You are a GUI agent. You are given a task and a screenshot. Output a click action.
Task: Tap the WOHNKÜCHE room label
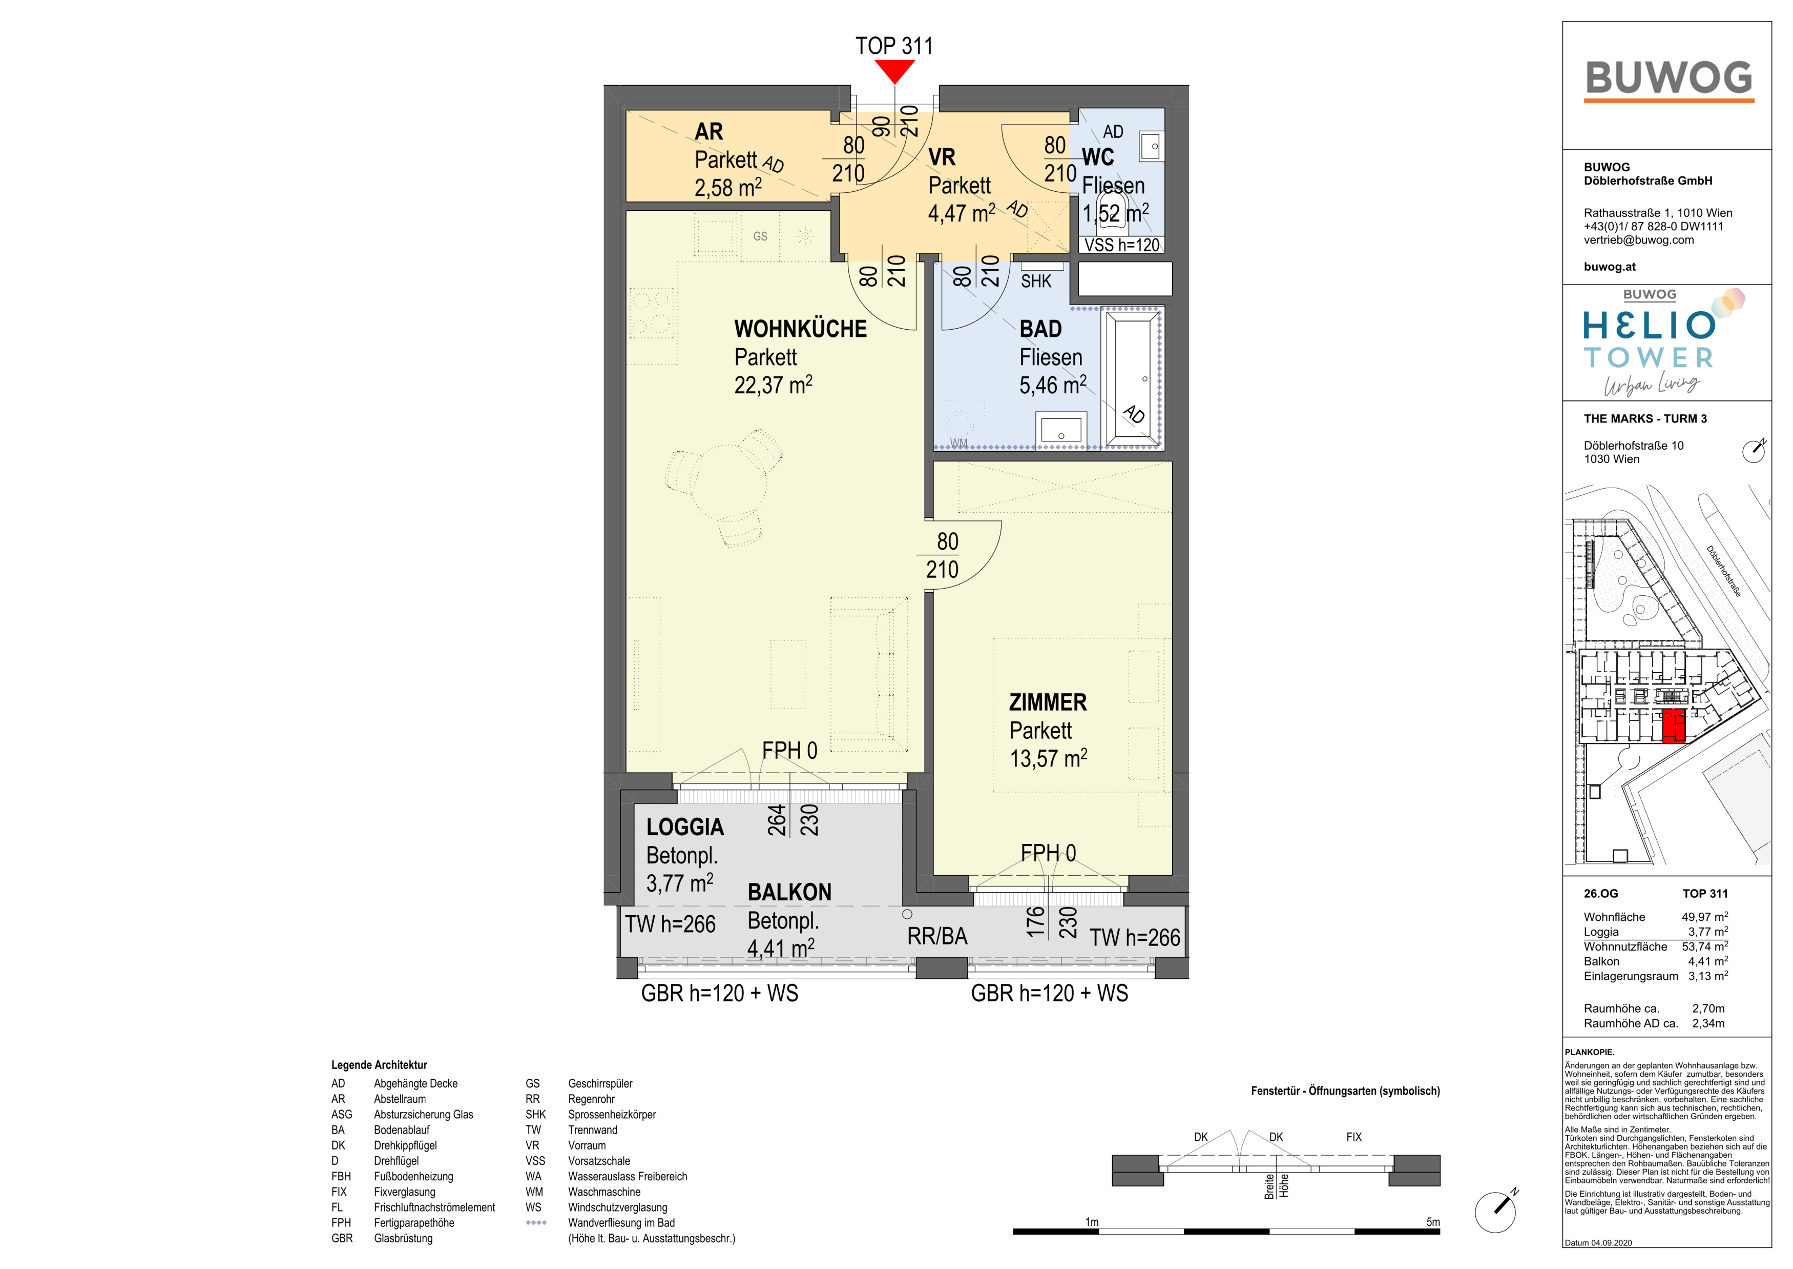click(x=800, y=329)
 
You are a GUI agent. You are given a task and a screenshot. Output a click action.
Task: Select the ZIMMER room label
click(x=1048, y=702)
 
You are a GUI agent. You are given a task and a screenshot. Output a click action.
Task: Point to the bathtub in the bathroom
click(x=1130, y=379)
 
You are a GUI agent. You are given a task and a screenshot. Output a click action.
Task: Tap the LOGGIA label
click(x=685, y=827)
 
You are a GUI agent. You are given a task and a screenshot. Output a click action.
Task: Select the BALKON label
click(x=789, y=892)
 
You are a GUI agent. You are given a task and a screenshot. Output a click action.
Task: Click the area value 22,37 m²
click(x=773, y=385)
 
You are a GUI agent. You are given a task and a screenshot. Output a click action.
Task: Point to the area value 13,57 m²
click(x=1048, y=758)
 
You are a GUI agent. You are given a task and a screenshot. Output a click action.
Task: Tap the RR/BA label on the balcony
click(x=937, y=936)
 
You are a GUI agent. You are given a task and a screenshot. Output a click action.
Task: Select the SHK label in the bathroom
click(x=1036, y=281)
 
